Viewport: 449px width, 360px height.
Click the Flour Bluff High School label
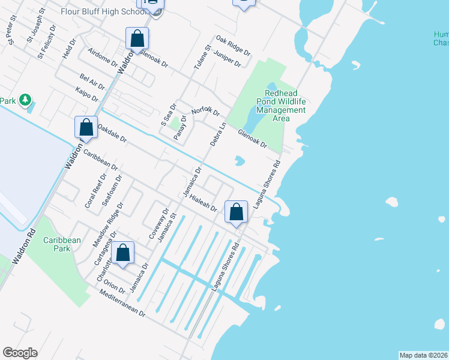click(98, 11)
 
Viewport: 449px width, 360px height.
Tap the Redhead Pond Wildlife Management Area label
click(281, 106)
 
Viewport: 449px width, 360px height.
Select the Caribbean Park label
click(62, 244)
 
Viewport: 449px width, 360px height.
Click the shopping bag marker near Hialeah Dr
click(237, 212)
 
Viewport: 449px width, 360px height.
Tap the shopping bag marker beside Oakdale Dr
click(86, 128)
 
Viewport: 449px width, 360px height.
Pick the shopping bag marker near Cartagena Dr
click(123, 254)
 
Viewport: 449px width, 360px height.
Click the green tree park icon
click(25, 100)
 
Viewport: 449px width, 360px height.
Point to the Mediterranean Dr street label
click(123, 304)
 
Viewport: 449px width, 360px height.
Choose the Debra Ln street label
click(218, 134)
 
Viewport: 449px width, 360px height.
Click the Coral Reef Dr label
click(95, 190)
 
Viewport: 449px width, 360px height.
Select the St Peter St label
click(12, 35)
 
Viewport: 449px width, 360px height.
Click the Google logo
click(20, 353)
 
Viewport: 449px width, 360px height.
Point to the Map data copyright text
click(423, 355)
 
